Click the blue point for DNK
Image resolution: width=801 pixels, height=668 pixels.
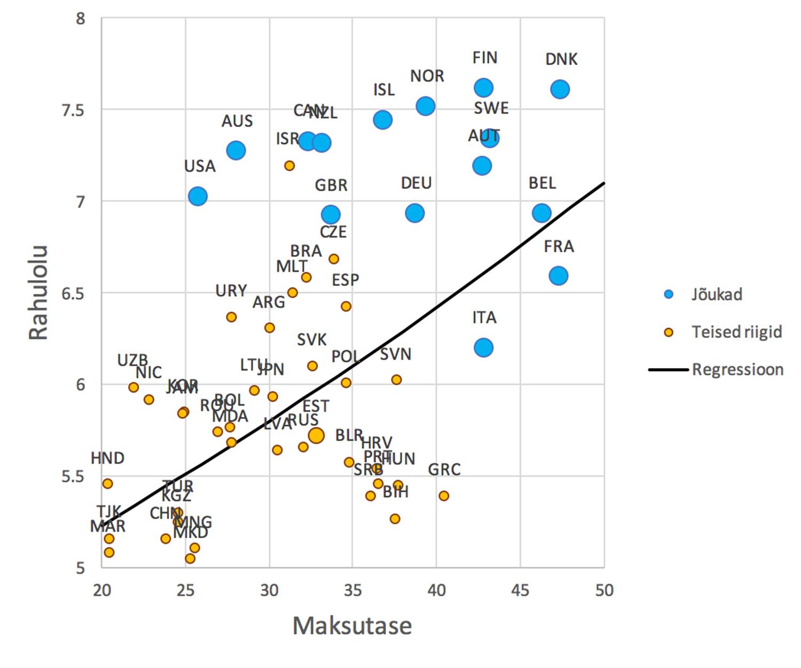coord(560,89)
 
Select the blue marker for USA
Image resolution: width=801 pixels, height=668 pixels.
coord(198,196)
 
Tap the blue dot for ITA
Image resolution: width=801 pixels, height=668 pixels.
coord(483,347)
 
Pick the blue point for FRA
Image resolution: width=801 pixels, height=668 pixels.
coord(558,276)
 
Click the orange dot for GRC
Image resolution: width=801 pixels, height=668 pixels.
coord(444,496)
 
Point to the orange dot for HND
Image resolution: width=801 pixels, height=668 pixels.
coord(107,484)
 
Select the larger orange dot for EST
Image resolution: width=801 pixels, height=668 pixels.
coord(316,435)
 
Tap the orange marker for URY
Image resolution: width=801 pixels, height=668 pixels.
coord(231,317)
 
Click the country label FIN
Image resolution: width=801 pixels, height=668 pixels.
coord(485,58)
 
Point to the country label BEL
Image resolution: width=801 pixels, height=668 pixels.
coord(542,183)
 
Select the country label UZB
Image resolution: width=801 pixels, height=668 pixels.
coord(132,361)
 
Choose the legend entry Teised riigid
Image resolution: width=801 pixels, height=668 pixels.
coord(736,332)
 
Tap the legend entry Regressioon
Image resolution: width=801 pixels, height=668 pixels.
coord(737,369)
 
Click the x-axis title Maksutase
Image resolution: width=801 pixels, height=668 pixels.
coord(352,626)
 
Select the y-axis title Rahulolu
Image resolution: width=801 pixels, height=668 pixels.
coord(38,293)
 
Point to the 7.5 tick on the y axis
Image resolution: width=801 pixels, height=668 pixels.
coord(74,110)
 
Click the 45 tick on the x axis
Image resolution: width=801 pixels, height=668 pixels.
coord(520,590)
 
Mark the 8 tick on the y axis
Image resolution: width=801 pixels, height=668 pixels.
coord(80,19)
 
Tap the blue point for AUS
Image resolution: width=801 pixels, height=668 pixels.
coord(235,151)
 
